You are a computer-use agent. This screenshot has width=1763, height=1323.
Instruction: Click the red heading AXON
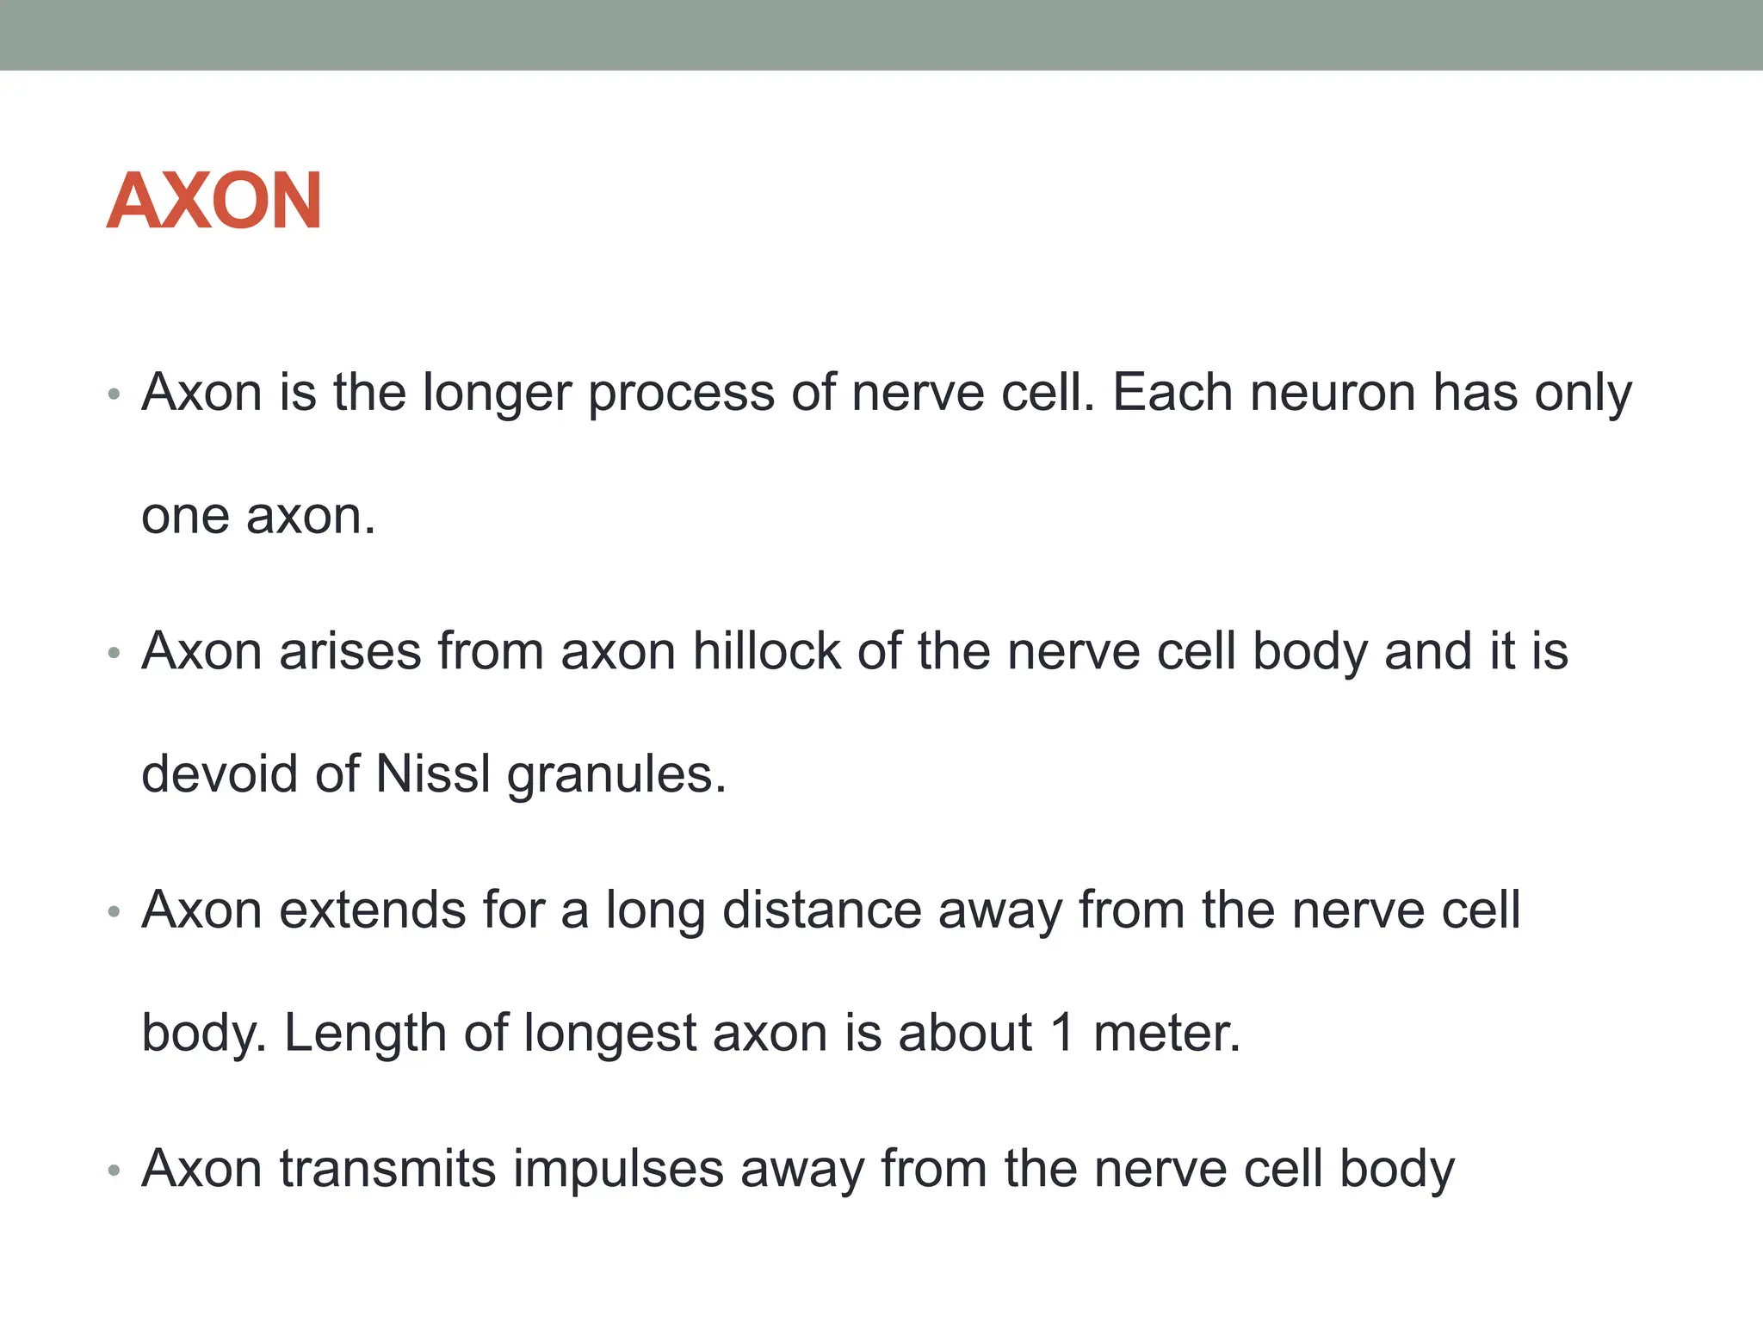tap(214, 201)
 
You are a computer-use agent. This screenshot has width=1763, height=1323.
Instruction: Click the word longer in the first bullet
tap(497, 394)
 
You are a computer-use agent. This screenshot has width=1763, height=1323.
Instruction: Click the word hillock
tap(766, 651)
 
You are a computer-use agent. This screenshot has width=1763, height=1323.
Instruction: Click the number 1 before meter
tap(1063, 1033)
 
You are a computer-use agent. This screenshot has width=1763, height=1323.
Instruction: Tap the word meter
tap(1167, 1033)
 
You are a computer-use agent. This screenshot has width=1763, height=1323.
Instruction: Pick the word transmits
tap(388, 1170)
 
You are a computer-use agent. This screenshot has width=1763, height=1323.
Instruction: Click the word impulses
tap(619, 1170)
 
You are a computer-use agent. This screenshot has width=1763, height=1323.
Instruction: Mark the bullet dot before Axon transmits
tap(114, 1171)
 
